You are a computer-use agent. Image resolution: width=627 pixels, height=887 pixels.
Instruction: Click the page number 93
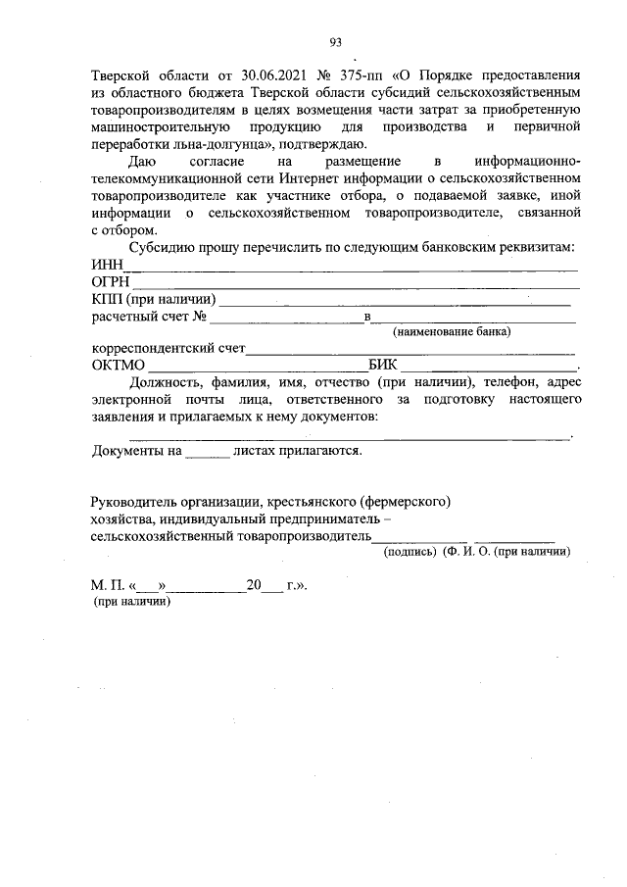pyautogui.click(x=335, y=41)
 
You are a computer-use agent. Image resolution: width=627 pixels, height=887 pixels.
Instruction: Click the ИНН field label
pyautogui.click(x=105, y=266)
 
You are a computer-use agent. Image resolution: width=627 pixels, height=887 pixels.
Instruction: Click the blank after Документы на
pyautogui.click(x=208, y=452)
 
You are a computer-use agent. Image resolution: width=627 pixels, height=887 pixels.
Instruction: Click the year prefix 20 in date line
pyautogui.click(x=254, y=586)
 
